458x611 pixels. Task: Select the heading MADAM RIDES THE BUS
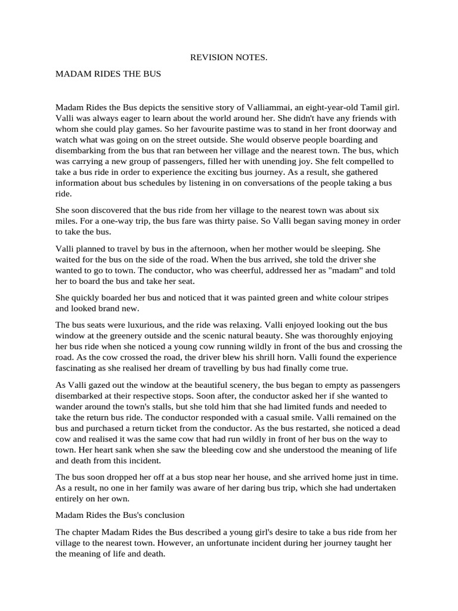pyautogui.click(x=108, y=76)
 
